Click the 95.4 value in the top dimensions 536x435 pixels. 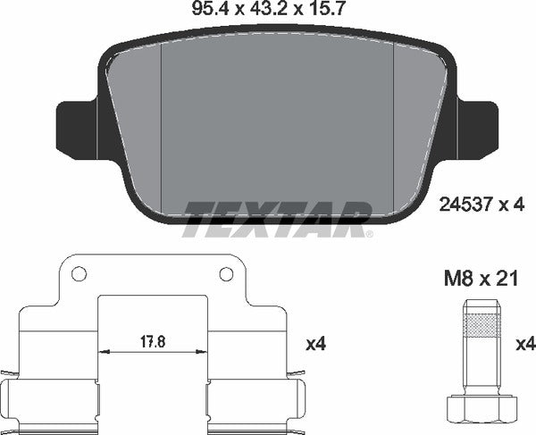(207, 12)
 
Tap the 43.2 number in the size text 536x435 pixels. (269, 12)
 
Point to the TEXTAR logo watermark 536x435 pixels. (277, 218)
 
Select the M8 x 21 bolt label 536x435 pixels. (482, 280)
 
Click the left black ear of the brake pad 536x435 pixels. (73, 127)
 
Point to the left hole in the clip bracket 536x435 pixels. (78, 274)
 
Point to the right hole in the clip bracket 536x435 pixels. (226, 274)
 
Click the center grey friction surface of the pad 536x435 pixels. (277, 116)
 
